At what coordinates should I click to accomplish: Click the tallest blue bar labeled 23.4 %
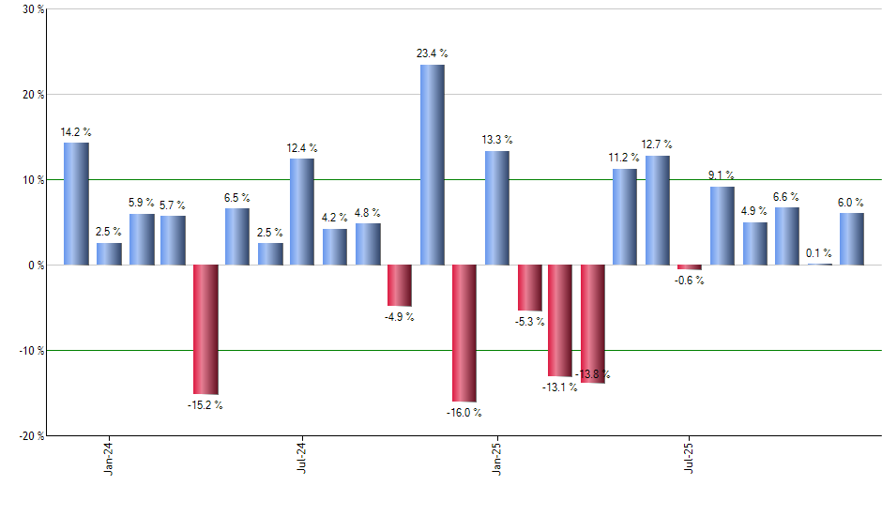click(432, 164)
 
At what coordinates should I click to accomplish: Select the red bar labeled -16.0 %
click(464, 333)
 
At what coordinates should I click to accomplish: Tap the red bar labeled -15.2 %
click(205, 329)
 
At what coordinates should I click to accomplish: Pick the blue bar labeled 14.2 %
click(76, 204)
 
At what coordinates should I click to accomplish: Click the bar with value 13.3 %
click(496, 207)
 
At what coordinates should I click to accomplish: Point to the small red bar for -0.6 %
click(690, 267)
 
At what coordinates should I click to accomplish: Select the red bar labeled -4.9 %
click(399, 285)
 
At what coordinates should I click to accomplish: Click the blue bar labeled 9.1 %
click(722, 225)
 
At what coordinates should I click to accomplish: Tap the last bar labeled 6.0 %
click(851, 238)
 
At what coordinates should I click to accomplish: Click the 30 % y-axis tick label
click(33, 9)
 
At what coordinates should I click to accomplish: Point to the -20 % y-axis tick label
click(30, 436)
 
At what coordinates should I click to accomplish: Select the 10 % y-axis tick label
click(33, 180)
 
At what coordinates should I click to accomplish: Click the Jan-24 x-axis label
click(110, 458)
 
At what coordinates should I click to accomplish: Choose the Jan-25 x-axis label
click(496, 458)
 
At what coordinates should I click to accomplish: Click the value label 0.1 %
click(819, 252)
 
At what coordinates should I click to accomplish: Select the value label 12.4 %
click(302, 148)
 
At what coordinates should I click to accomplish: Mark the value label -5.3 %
click(529, 322)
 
